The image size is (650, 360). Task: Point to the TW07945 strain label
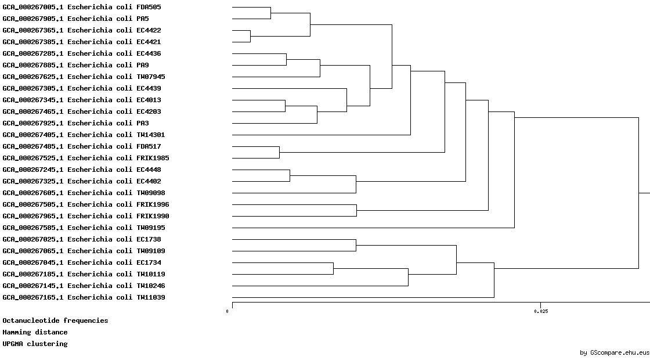(84, 77)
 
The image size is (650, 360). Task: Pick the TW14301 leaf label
(84, 135)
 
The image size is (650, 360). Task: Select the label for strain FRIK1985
(86, 158)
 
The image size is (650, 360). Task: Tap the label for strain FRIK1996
(86, 204)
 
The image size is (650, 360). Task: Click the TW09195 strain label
(84, 228)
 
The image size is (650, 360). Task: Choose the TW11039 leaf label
(84, 297)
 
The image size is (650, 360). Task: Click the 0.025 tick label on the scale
(540, 311)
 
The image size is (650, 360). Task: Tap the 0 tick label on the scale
(227, 311)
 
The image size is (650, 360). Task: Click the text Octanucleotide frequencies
(55, 321)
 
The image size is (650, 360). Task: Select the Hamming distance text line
(35, 332)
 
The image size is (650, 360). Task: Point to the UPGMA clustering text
(35, 344)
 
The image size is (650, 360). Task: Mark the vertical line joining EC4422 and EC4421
(250, 36)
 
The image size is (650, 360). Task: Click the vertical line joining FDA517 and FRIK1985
(279, 152)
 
